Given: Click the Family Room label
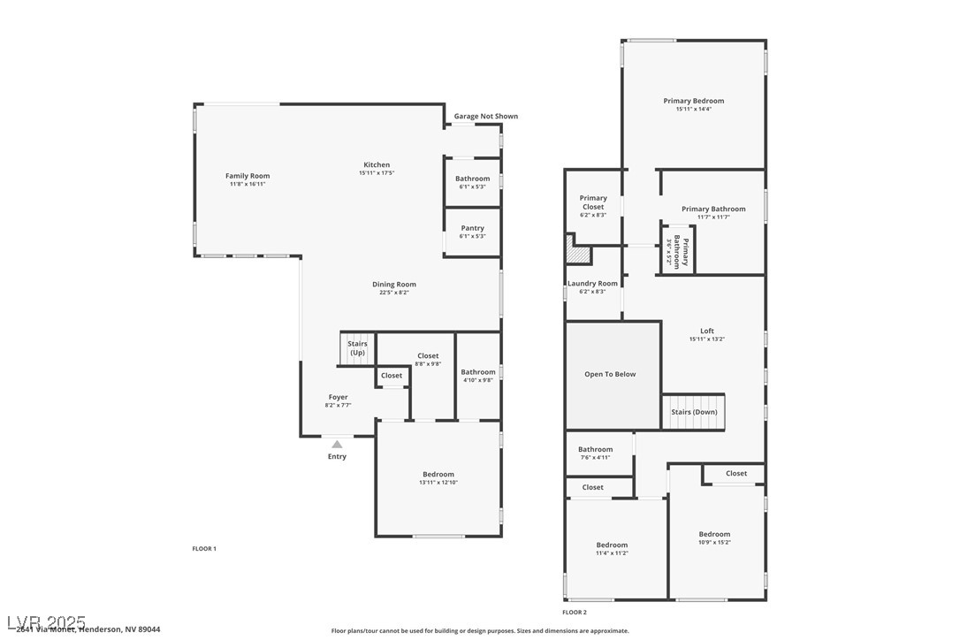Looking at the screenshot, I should click(248, 176).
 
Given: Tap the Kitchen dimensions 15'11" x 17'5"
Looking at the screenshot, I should click(377, 173).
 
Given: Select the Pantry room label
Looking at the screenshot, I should click(473, 228).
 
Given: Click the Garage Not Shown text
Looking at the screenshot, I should click(486, 116).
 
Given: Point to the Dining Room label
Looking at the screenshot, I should click(394, 285).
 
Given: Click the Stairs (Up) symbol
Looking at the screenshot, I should click(357, 348).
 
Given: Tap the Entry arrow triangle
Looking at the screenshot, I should click(337, 445).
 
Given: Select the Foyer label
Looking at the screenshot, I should click(338, 397).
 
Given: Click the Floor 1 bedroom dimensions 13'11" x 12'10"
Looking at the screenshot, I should click(438, 483).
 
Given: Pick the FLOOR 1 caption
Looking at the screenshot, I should click(204, 549).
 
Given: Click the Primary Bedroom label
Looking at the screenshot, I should click(694, 101).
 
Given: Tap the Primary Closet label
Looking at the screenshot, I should click(593, 202).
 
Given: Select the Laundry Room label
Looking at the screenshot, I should click(592, 284).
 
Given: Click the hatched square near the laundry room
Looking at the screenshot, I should click(578, 255).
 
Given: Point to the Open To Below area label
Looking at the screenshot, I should click(610, 374).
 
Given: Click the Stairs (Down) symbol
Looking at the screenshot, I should click(693, 412).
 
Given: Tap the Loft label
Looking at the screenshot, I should click(707, 331).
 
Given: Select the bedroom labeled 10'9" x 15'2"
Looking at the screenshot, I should click(714, 534).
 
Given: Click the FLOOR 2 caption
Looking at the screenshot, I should click(575, 612).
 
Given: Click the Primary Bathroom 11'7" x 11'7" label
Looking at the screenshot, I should click(713, 210).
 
